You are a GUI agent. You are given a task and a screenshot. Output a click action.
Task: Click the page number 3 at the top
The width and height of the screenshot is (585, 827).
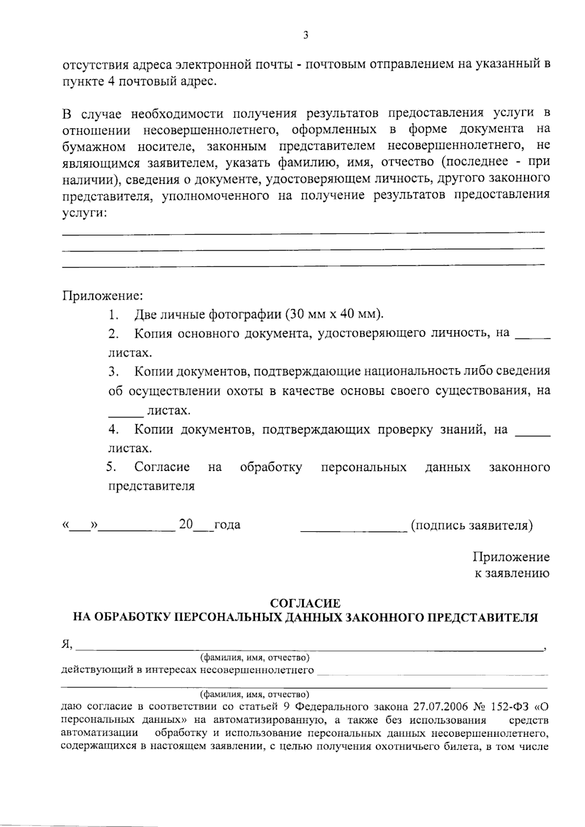[306, 35]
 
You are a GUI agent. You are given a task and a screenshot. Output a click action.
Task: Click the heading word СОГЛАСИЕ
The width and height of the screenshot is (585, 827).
[305, 604]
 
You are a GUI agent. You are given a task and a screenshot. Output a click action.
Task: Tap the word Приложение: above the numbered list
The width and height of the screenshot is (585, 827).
[102, 296]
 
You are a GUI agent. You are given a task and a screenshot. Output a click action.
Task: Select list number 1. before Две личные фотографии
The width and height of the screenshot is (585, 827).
[114, 315]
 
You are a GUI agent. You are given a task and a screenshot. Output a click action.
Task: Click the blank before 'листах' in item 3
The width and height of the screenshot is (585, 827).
[125, 415]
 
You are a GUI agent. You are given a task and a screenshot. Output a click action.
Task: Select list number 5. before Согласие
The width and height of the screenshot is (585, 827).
[112, 467]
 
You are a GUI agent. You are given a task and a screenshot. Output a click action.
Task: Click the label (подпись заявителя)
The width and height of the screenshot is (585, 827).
[472, 525]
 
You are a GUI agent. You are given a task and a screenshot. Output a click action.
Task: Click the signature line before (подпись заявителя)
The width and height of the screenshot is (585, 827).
[353, 529]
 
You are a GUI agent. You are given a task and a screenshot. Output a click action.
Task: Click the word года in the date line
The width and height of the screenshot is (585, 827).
[227, 525]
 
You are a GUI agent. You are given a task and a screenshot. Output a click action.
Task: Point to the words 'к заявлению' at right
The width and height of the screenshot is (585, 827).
[512, 573]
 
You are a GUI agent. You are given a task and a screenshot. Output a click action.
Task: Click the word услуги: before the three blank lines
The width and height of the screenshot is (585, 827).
[85, 213]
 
